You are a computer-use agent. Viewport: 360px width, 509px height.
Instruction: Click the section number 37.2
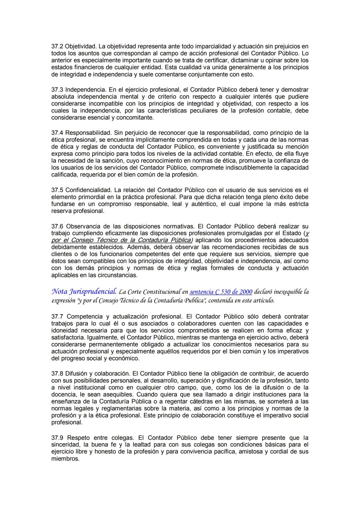tap(57, 46)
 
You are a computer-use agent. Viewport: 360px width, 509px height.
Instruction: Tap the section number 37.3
tap(57, 90)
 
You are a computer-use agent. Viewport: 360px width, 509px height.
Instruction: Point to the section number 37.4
tap(57, 133)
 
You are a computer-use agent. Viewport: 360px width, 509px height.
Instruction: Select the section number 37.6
tap(57, 226)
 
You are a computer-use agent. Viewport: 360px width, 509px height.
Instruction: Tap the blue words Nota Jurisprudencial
tap(84, 292)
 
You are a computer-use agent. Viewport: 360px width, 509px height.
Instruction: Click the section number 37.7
tap(57, 316)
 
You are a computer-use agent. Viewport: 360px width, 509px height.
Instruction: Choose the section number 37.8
tap(57, 374)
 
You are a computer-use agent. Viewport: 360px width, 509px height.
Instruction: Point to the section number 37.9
tap(57, 438)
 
